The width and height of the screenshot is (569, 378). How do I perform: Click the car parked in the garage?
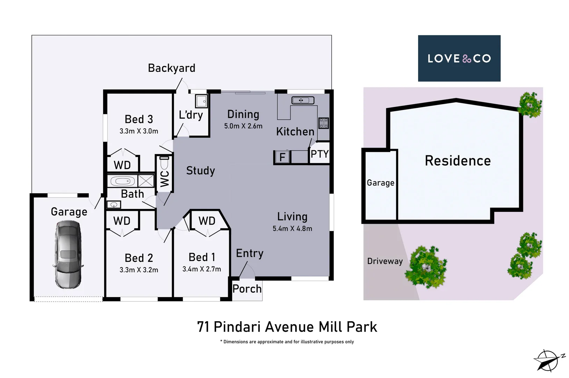click(x=68, y=255)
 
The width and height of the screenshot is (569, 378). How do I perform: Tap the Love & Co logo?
click(x=459, y=58)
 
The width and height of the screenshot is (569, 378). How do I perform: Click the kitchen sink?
click(x=303, y=101)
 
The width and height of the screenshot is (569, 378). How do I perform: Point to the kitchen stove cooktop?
click(x=323, y=123)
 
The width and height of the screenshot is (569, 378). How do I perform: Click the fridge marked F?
click(x=282, y=157)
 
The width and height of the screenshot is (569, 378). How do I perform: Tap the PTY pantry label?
click(x=319, y=154)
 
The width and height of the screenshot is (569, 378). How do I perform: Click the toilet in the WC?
click(x=164, y=163)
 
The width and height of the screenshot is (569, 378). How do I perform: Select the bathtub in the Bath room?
click(x=123, y=181)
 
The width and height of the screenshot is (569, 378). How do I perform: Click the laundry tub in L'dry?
click(x=201, y=101)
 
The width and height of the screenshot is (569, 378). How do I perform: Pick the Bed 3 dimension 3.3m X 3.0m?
click(x=139, y=131)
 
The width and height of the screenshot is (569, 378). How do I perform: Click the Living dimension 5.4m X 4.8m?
click(x=292, y=229)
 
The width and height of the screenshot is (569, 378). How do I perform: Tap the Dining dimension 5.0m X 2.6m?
click(x=243, y=126)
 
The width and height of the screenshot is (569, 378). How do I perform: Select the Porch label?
click(x=247, y=289)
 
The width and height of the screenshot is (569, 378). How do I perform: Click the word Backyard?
click(x=171, y=68)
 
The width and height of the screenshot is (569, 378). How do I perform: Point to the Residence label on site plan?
click(x=458, y=161)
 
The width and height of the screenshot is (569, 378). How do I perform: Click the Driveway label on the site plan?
click(x=385, y=261)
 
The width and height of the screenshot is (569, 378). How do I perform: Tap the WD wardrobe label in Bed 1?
click(x=207, y=221)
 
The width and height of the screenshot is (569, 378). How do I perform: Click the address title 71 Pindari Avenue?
click(x=287, y=327)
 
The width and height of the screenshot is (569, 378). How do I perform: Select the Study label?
click(x=200, y=170)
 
